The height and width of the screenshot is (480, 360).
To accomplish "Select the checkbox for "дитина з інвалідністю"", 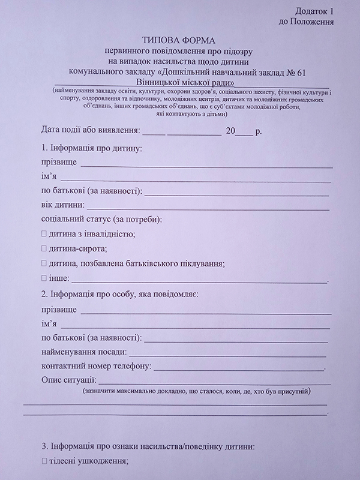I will (x=44, y=234).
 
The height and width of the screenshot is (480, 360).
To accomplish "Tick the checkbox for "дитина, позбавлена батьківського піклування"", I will (x=44, y=263).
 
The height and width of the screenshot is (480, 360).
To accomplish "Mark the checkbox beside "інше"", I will (x=44, y=278).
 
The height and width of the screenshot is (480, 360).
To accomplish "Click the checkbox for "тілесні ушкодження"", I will (x=44, y=461).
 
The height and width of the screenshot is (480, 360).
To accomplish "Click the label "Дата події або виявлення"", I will (x=90, y=130).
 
